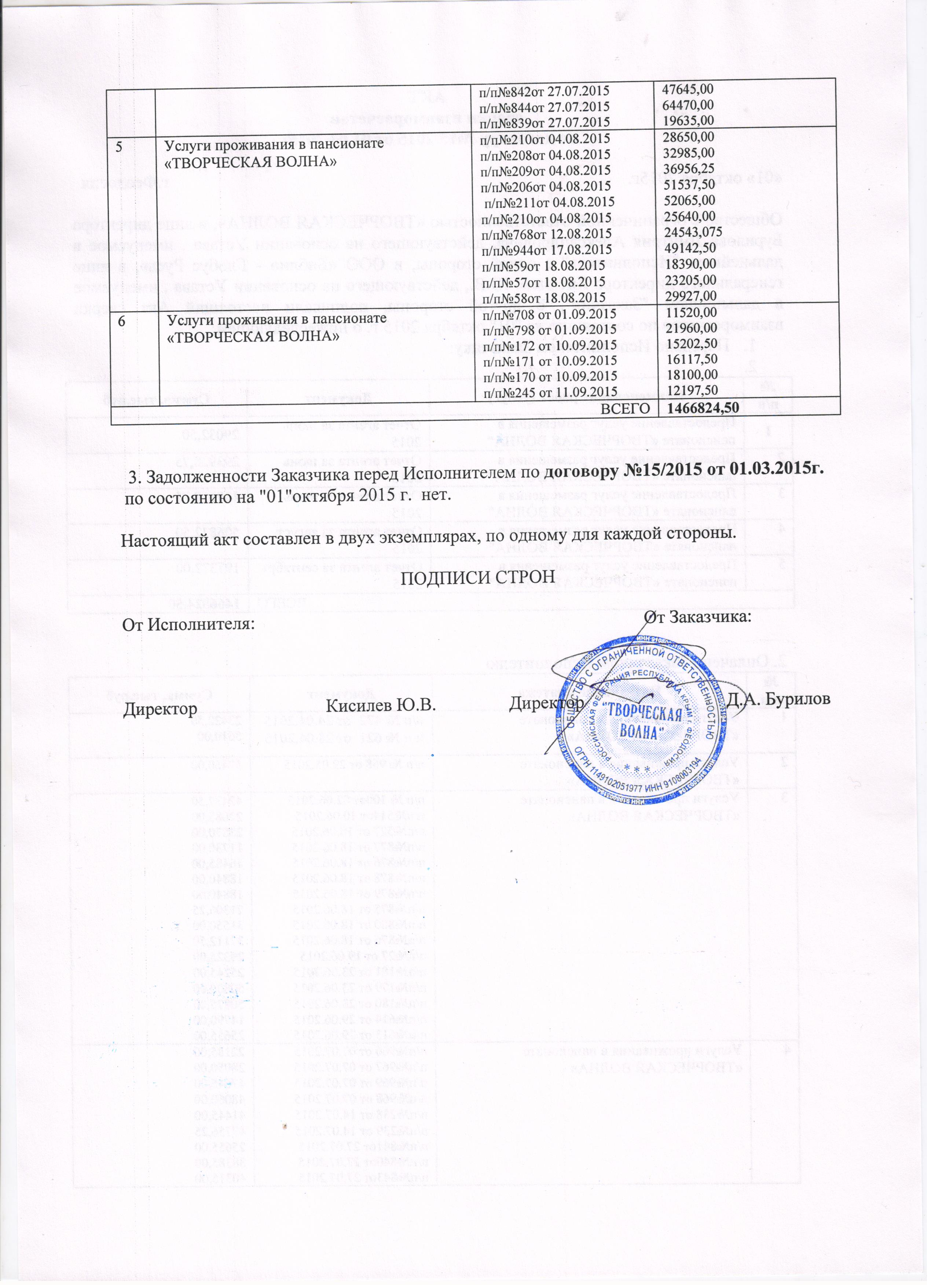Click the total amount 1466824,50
tap(703, 408)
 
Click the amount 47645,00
tap(688, 89)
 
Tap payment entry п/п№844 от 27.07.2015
tap(544, 106)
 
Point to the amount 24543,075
tap(693, 232)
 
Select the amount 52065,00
tap(689, 200)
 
